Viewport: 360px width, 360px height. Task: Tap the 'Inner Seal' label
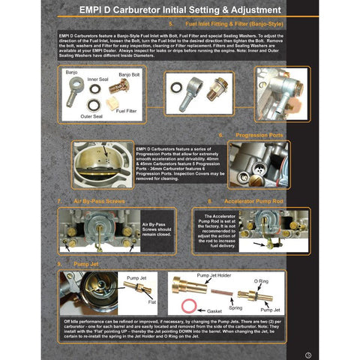[x=98, y=78]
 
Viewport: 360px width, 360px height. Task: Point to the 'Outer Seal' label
[x=92, y=117]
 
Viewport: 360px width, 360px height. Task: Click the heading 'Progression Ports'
[x=259, y=136]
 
